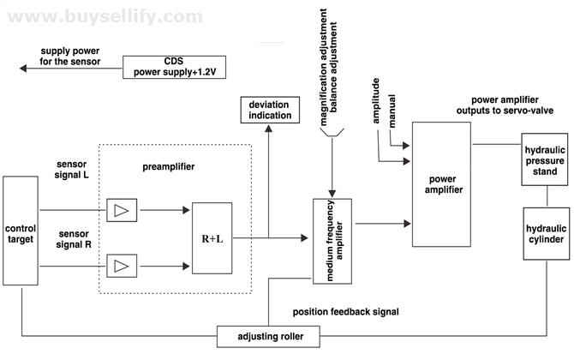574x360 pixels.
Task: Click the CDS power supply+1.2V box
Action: point(174,67)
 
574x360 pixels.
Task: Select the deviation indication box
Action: point(270,110)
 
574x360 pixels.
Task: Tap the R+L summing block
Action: point(212,238)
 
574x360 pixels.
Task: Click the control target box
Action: point(21,231)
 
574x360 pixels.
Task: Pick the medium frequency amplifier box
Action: point(332,241)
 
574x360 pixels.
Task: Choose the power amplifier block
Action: point(441,184)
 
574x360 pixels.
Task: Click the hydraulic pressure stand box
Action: point(545,159)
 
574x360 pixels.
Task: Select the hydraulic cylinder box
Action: point(547,234)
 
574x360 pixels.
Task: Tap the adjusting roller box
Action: point(268,337)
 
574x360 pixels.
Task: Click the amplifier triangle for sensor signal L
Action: point(122,210)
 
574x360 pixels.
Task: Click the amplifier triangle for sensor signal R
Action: point(122,266)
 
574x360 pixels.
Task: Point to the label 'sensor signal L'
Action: point(72,169)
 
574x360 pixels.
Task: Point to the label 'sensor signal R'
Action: point(74,239)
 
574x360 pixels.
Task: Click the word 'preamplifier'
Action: point(169,166)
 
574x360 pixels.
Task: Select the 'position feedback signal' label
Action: point(345,312)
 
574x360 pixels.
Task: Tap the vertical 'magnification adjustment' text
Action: point(323,67)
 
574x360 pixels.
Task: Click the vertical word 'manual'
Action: point(392,111)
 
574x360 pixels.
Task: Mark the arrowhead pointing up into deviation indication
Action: point(269,129)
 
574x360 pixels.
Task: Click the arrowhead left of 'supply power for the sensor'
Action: point(23,68)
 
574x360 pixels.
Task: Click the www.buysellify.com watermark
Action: point(105,17)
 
